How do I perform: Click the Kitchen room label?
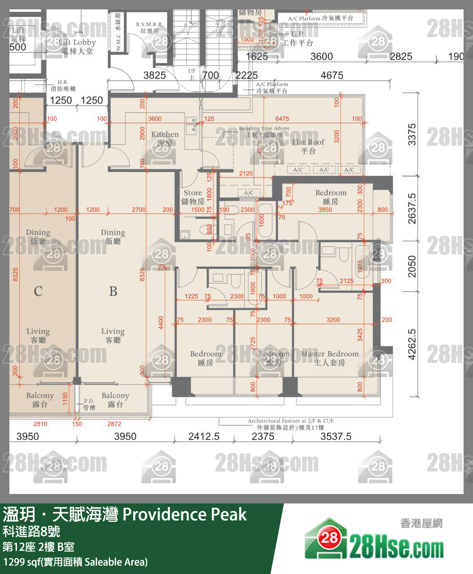click(165, 138)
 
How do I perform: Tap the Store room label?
click(192, 197)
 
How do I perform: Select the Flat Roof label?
click(308, 146)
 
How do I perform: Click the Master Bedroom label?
click(329, 358)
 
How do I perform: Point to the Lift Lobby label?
click(77, 47)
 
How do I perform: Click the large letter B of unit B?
click(113, 291)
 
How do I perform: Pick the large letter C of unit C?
click(38, 291)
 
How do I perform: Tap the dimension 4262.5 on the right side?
click(412, 344)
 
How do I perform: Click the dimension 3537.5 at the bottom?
click(336, 437)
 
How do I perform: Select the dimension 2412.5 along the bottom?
click(204, 437)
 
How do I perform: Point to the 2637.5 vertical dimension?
click(412, 208)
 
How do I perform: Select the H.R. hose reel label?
click(63, 85)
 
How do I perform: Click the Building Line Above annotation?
click(264, 131)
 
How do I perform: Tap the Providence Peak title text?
click(184, 514)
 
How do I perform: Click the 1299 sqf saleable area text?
click(75, 562)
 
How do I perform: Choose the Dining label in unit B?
click(112, 237)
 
